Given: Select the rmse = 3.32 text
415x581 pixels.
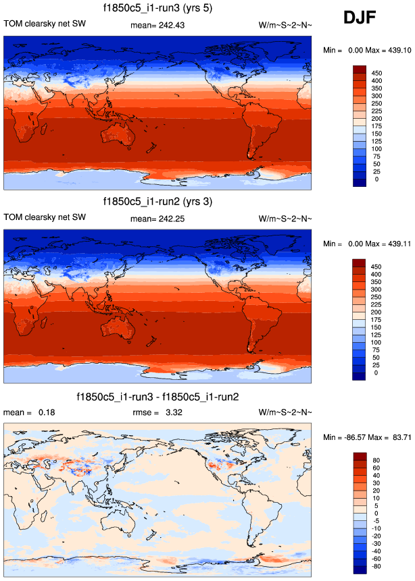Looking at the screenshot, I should (x=158, y=412).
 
